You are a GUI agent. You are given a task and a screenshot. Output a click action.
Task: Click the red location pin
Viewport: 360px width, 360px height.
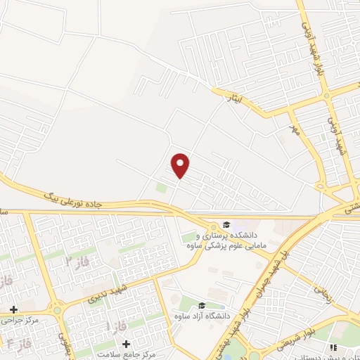(x=181, y=165)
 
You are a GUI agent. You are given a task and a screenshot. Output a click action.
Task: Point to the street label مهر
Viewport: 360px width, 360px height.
(x=295, y=130)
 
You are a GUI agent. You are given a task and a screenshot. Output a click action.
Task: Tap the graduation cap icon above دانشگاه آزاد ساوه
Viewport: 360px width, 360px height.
(x=202, y=305)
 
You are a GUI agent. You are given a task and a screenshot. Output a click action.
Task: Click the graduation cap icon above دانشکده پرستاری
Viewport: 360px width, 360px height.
(x=226, y=222)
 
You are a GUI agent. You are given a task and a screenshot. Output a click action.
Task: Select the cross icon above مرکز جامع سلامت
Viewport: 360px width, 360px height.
(x=126, y=345)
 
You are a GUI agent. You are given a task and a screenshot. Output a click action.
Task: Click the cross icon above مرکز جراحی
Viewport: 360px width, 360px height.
(x=13, y=309)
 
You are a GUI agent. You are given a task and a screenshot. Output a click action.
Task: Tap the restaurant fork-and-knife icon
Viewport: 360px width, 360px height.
(x=333, y=347)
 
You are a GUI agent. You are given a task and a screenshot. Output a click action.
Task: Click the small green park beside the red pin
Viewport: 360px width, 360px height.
(x=162, y=188)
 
